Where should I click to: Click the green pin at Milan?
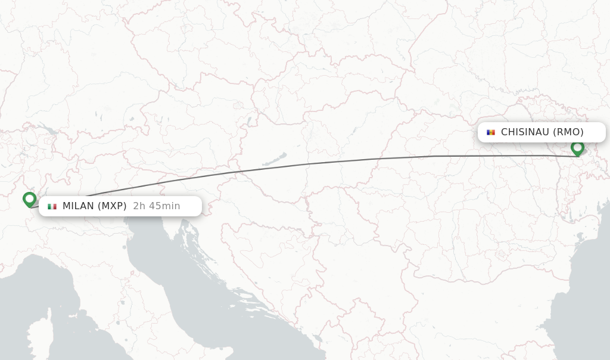[29, 198]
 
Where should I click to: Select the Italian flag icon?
[52, 206]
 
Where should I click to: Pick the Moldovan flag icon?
[491, 132]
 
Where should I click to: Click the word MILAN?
[78, 206]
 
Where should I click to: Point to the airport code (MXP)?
[113, 206]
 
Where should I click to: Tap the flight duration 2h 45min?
[157, 206]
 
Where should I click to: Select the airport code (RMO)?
[568, 132]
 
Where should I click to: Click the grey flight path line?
[310, 163]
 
